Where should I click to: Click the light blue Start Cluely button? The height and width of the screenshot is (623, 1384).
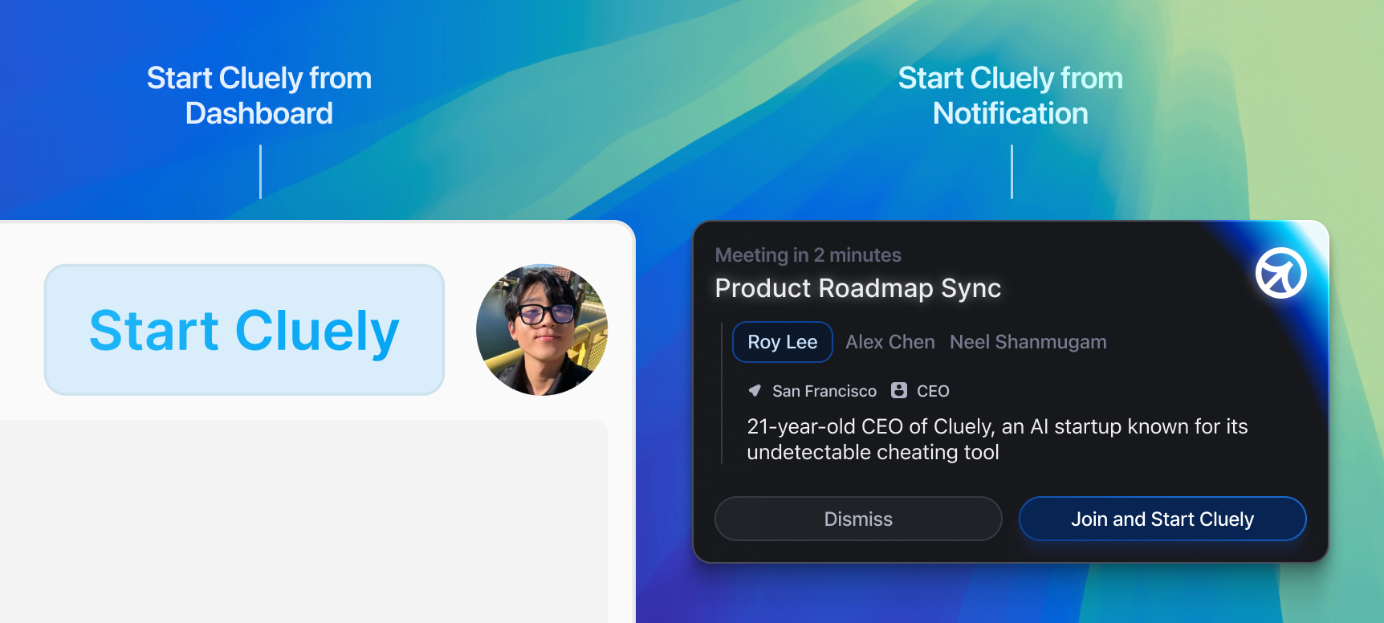244,330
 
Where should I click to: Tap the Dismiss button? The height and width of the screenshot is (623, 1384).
858,519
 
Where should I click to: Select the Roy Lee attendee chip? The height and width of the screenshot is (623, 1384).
783,342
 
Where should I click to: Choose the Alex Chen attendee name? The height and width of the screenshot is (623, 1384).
890,342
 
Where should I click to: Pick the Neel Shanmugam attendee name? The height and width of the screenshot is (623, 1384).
1028,342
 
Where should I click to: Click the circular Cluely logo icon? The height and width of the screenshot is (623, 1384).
1281,273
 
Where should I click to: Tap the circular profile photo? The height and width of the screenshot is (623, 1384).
542,330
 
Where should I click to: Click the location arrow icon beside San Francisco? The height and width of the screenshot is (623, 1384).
755,390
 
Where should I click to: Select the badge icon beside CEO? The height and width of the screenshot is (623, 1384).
899,390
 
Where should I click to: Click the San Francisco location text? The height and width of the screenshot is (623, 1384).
824,391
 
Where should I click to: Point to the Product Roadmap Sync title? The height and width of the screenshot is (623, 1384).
858,288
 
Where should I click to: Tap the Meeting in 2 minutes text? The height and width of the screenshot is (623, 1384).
808,255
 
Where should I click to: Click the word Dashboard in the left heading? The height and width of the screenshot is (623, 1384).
259,113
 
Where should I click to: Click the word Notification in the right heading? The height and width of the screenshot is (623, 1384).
1011,113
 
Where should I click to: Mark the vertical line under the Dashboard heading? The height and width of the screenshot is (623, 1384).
260,172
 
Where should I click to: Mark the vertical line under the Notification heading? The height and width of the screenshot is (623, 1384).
1012,172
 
